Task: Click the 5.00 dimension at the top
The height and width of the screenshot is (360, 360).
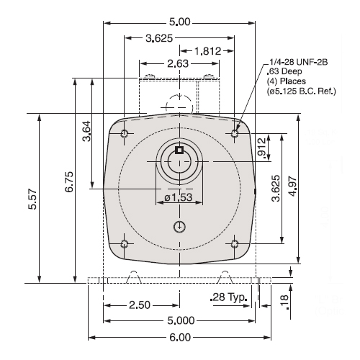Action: point(180,22)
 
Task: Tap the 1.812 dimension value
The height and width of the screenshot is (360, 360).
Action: point(212,52)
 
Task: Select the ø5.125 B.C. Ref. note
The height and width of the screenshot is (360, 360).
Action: point(296,92)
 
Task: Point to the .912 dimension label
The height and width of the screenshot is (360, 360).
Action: point(262,148)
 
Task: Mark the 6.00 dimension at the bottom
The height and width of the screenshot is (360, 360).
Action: point(180,337)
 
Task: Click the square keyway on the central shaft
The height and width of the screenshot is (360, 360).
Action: point(180,150)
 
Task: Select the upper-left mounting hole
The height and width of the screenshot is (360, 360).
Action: point(125,135)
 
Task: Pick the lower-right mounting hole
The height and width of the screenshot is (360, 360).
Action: point(236,244)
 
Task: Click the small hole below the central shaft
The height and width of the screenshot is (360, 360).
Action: point(180,227)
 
